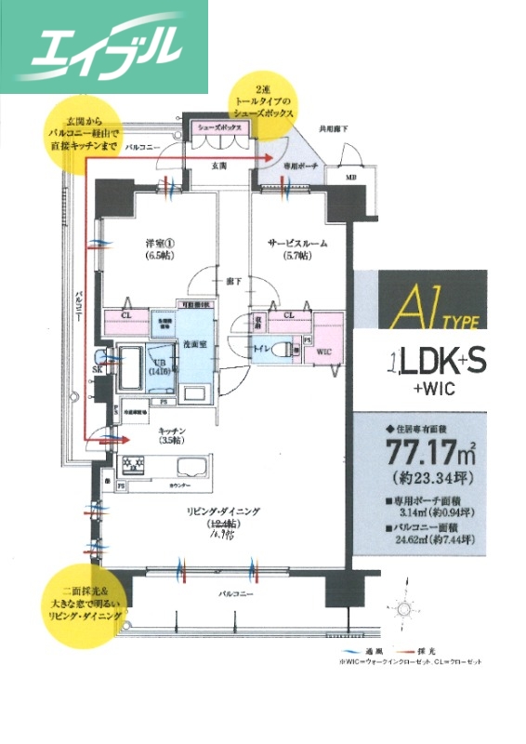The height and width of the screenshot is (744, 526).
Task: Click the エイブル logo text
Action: coord(104,46)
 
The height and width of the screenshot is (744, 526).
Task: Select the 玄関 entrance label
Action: coord(219,165)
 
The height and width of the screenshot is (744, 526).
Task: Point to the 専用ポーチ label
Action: coord(297,165)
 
